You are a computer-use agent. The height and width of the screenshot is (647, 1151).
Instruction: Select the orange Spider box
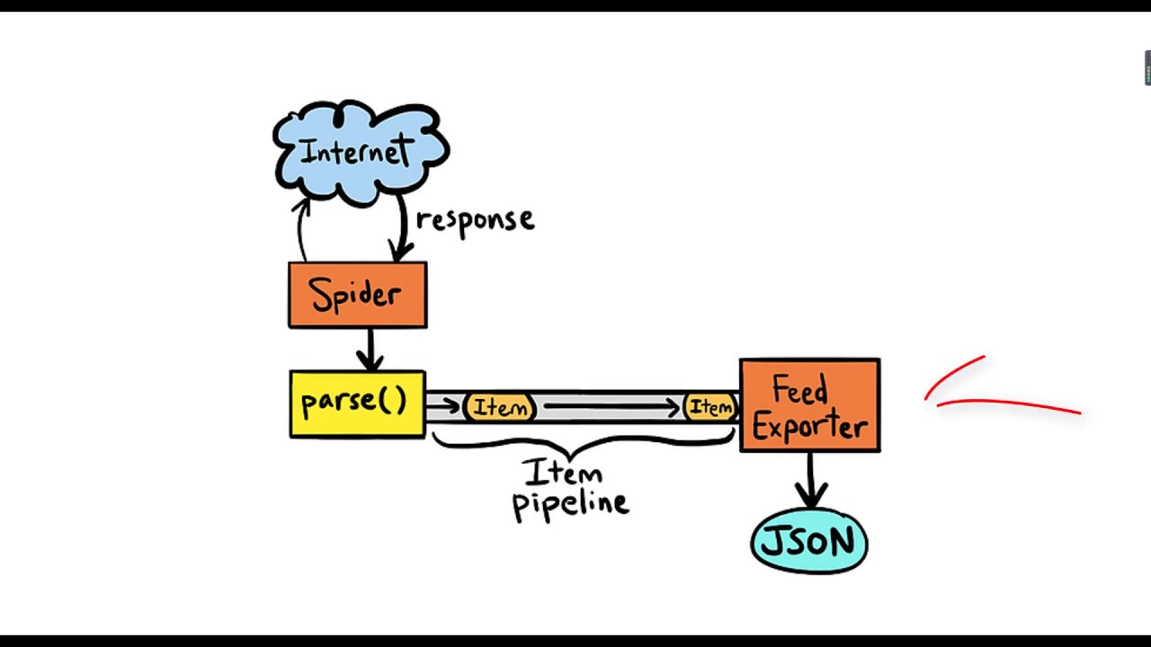(357, 295)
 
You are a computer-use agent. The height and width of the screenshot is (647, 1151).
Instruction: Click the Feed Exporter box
(809, 405)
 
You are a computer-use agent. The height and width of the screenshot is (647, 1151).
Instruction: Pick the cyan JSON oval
(809, 542)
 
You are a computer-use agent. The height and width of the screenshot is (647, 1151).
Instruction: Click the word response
(475, 220)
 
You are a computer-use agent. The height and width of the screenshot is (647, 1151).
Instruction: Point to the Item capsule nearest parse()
(500, 408)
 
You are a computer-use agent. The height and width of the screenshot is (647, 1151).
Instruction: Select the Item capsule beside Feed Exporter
(711, 408)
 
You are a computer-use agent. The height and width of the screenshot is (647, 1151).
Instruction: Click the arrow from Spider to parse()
(370, 350)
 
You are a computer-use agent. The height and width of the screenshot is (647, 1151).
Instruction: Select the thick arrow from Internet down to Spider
(401, 229)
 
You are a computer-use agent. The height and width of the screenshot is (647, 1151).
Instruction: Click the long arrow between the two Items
(611, 408)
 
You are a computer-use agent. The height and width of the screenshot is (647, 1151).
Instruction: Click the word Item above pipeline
(562, 472)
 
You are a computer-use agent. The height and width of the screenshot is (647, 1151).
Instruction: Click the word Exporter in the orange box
(809, 427)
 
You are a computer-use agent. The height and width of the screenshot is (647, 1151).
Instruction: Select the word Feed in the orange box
(799, 392)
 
